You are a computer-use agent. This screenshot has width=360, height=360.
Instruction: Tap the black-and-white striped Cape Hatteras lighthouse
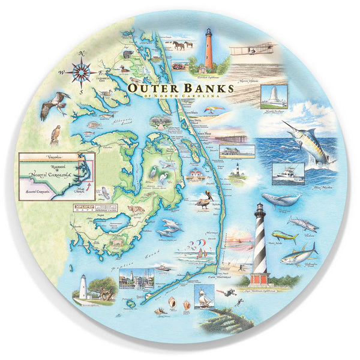pyautogui.click(x=260, y=240)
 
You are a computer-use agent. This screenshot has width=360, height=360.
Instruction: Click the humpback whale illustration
pyautogui.click(x=280, y=200)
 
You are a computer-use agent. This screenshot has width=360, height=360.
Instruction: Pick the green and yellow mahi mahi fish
pyautogui.click(x=284, y=236)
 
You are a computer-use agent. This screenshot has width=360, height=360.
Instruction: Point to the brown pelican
pyautogui.click(x=204, y=200)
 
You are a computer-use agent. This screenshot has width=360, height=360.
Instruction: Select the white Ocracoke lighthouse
pyautogui.click(x=83, y=287)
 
